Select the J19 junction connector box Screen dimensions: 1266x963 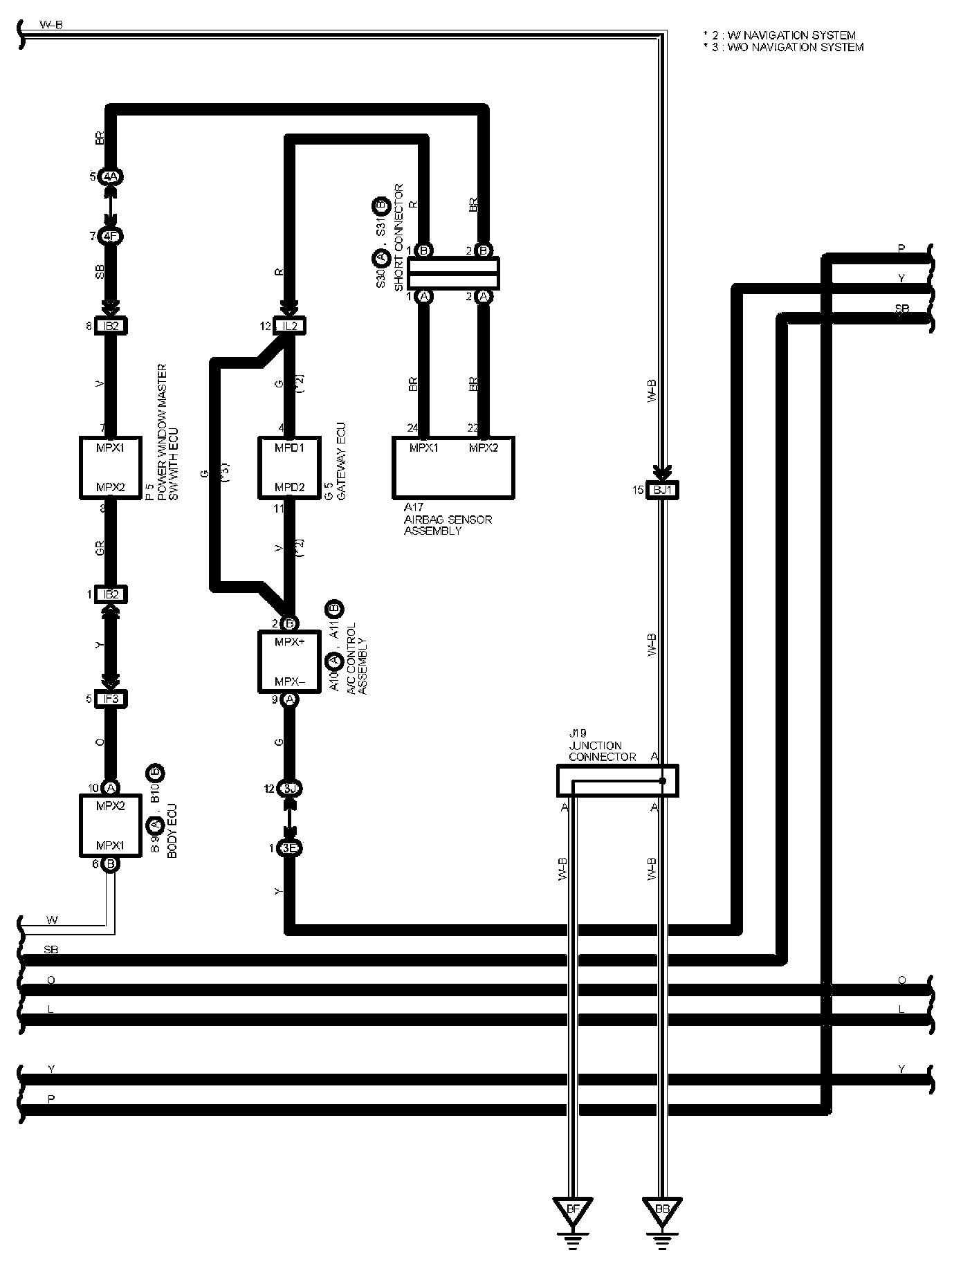(x=617, y=780)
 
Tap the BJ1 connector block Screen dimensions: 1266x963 (x=663, y=490)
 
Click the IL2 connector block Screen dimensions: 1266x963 (x=291, y=325)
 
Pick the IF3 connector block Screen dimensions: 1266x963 (x=111, y=699)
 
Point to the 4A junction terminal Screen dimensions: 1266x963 (x=111, y=176)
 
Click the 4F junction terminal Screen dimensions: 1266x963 (x=111, y=236)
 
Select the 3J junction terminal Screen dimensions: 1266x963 (x=291, y=789)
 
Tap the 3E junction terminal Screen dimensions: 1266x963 (x=291, y=848)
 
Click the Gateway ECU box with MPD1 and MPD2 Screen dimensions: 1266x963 (x=291, y=467)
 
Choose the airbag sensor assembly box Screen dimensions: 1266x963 (x=453, y=467)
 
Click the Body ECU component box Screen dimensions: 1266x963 (x=111, y=825)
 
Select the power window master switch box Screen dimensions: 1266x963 (x=111, y=467)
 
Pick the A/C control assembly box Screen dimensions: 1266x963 (x=290, y=661)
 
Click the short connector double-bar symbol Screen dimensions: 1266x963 (x=453, y=273)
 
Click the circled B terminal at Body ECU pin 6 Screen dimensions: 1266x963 (x=111, y=863)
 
